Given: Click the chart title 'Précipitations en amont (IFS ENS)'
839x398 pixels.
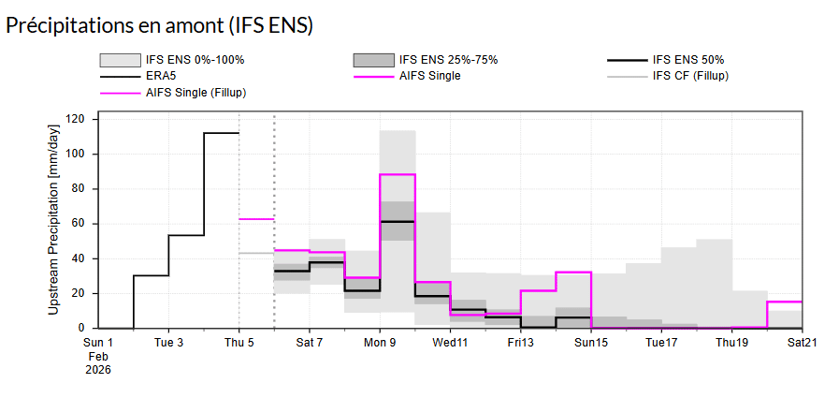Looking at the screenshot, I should point(159,26).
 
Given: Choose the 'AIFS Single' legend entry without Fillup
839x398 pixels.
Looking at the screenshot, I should point(429,76).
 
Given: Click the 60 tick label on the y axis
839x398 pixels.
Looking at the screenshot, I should point(78,224).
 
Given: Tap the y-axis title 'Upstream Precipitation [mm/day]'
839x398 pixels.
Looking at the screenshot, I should point(54,224).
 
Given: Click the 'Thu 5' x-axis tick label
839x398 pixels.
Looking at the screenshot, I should point(239,343).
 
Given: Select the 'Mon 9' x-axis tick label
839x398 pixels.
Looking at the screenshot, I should point(379,343).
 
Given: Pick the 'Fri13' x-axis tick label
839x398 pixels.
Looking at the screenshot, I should point(520,343).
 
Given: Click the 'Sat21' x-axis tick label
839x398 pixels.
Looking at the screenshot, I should point(802,343).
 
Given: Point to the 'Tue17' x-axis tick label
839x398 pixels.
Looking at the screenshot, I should point(661,343).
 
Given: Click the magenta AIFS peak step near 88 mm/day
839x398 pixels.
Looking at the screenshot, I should point(398,174).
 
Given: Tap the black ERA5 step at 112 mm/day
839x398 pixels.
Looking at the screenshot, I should point(222,133).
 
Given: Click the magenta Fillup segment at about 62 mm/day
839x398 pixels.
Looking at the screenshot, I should point(256,218).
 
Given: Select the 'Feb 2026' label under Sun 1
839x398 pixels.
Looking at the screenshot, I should point(98,362).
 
